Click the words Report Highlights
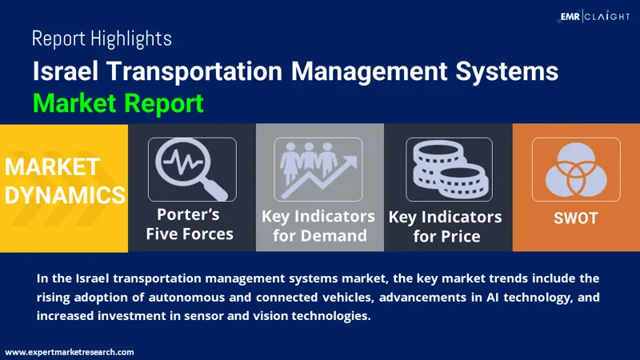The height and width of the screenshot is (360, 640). pos(102,38)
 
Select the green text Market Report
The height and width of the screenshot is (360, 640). pos(118,103)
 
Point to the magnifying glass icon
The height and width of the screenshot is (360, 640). pos(192,169)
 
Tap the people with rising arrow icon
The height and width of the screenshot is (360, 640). pos(319,169)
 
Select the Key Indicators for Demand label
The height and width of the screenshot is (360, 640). pos(318,226)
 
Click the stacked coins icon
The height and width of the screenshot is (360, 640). pos(447,169)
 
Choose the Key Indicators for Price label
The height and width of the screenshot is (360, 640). pos(446,226)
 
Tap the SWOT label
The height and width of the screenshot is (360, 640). pos(576,218)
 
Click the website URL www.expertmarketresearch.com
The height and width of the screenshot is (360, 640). pos(70,351)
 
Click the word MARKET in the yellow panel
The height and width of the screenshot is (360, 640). pos(53,167)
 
